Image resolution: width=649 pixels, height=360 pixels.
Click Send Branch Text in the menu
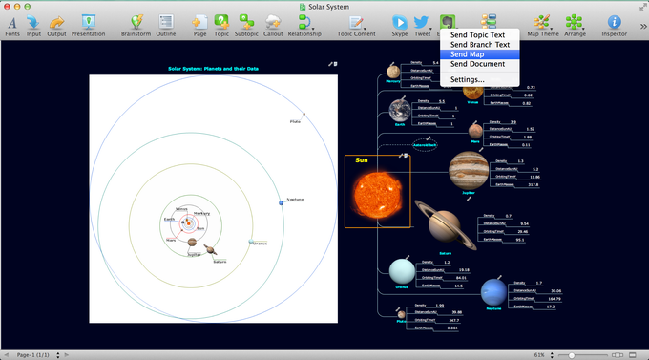click(x=480, y=45)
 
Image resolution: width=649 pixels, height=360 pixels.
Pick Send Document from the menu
click(x=477, y=64)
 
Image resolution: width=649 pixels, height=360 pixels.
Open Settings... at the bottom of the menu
click(x=468, y=79)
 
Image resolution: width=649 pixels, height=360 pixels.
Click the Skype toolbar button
click(x=399, y=24)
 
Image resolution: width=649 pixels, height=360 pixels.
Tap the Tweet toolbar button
click(x=423, y=24)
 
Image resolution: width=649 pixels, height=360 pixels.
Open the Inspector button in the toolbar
click(x=614, y=24)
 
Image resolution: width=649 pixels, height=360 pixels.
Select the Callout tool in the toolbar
click(x=272, y=24)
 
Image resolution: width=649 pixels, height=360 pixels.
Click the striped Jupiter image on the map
click(x=469, y=171)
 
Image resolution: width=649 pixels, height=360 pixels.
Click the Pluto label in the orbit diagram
click(x=296, y=122)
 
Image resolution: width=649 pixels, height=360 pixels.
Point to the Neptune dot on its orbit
click(x=282, y=201)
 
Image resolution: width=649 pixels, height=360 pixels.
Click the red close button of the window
click(x=9, y=6)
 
